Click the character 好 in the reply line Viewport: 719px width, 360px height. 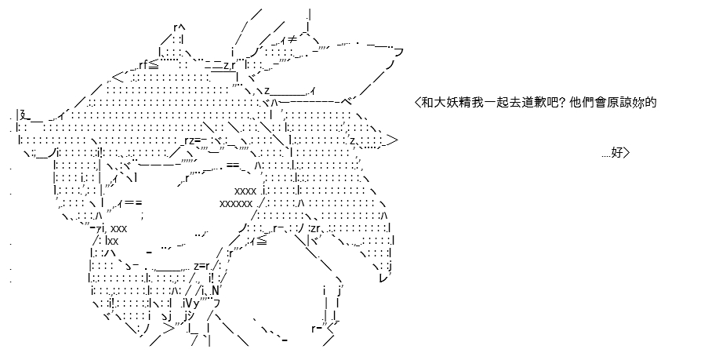pyautogui.click(x=617, y=152)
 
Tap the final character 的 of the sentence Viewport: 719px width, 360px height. pyautogui.click(x=651, y=103)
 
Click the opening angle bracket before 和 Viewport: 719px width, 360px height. pyautogui.click(x=417, y=103)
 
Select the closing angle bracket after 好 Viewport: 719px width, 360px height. pyautogui.click(x=626, y=152)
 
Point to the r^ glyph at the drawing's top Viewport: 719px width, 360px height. pyautogui.click(x=180, y=27)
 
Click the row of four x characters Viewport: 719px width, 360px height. pyautogui.click(x=245, y=191)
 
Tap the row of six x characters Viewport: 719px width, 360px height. pyautogui.click(x=236, y=203)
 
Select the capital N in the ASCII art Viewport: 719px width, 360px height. pyautogui.click(x=216, y=290)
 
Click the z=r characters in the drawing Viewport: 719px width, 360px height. pyautogui.click(x=202, y=266)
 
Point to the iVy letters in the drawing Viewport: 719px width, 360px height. pyautogui.click(x=191, y=303)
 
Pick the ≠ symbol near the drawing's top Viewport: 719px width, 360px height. pyautogui.click(x=292, y=40)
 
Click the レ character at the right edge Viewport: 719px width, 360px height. pyautogui.click(x=384, y=278)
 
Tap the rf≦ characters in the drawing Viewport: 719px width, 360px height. pyautogui.click(x=148, y=64)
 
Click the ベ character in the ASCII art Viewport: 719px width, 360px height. pyautogui.click(x=347, y=102)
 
